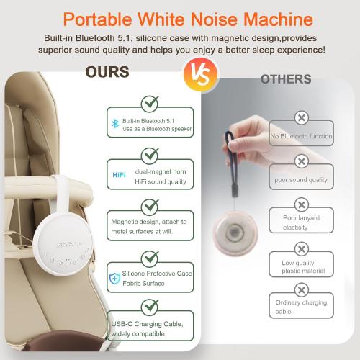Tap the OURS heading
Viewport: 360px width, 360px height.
point(107,73)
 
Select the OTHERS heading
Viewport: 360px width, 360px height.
point(285,78)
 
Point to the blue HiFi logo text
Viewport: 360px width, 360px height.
point(120,174)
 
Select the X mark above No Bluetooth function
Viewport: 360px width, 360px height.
point(300,117)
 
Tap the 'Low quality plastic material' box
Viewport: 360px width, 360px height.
point(300,267)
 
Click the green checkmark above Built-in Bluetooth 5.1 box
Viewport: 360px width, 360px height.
point(150,103)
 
